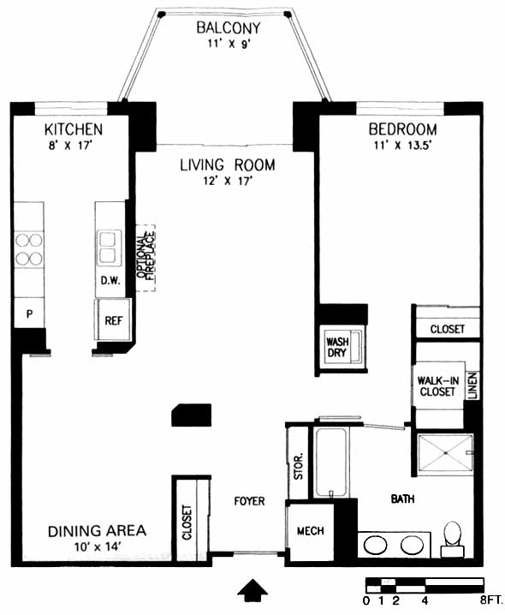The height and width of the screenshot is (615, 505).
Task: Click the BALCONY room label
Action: click(229, 28)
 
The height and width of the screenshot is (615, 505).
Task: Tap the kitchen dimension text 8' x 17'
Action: click(70, 146)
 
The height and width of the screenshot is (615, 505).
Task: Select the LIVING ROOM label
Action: click(228, 165)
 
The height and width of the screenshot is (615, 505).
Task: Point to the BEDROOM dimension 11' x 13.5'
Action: click(402, 146)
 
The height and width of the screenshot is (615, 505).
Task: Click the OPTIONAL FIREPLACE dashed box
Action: click(146, 258)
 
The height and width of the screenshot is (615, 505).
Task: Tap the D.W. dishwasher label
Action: click(110, 280)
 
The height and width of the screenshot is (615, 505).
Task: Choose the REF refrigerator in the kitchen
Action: click(113, 320)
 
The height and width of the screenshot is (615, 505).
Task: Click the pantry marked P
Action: click(29, 313)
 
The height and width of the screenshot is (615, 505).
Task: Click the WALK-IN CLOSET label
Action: click(437, 386)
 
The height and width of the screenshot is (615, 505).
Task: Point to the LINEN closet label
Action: click(472, 385)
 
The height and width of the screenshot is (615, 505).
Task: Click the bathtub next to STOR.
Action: click(330, 463)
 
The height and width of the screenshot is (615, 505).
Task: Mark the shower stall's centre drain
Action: click(445, 453)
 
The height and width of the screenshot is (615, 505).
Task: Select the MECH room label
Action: click(310, 531)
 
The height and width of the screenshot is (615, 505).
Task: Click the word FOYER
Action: click(249, 501)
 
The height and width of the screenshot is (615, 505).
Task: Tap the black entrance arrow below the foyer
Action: click(253, 589)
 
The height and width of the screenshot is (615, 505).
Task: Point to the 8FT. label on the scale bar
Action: click(491, 600)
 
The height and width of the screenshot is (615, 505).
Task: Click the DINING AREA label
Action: click(97, 531)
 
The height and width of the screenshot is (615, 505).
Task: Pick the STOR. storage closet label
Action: click(299, 467)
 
